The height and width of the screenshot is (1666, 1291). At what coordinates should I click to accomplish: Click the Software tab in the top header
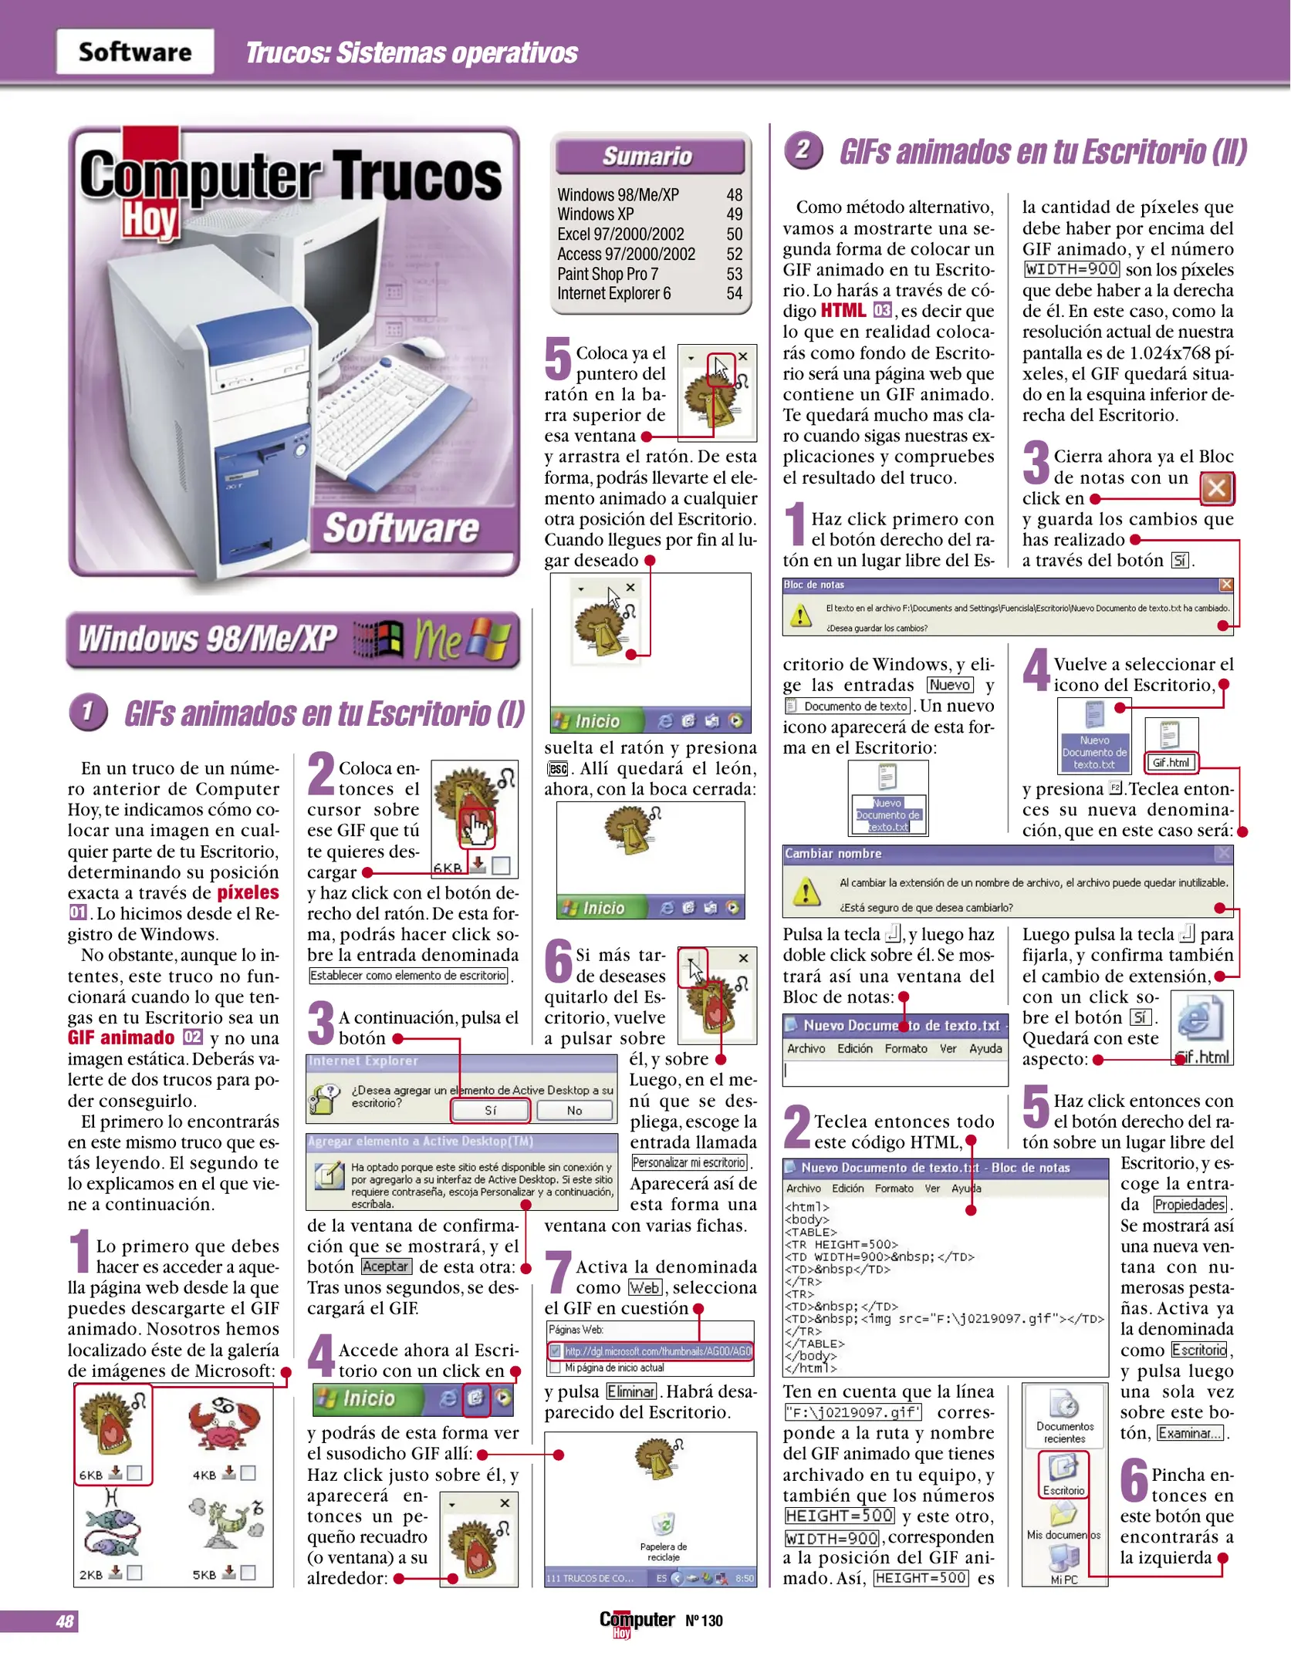135,52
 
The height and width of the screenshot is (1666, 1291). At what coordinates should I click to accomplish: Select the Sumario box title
647,156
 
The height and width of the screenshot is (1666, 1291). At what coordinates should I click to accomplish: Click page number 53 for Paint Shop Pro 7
734,274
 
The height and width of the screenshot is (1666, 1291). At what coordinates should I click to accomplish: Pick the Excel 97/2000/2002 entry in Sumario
620,234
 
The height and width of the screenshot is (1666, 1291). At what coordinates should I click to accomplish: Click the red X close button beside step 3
1217,487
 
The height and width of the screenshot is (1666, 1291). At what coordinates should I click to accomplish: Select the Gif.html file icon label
1171,762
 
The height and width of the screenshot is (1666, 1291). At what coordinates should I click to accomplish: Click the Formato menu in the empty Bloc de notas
906,1048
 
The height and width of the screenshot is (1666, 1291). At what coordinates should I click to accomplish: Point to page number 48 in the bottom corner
64,1621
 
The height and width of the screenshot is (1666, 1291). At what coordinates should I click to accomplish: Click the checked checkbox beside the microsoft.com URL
555,1351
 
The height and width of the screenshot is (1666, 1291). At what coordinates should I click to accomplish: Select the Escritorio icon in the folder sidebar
1063,1473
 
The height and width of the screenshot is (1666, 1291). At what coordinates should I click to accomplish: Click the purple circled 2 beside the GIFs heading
803,149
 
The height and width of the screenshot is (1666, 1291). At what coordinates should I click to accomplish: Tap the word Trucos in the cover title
417,177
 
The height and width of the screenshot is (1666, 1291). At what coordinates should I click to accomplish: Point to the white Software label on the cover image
400,529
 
